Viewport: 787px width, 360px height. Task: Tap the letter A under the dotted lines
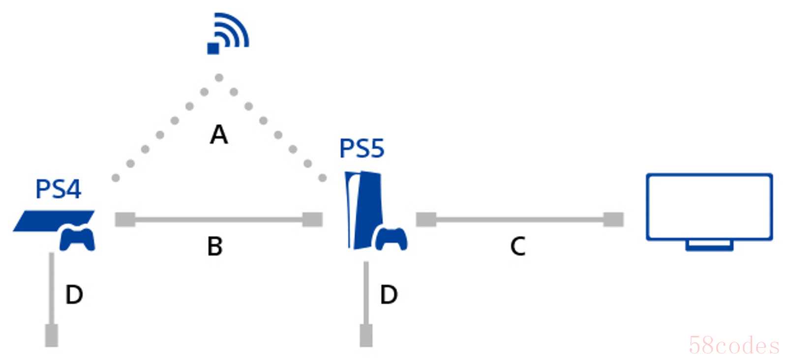point(219,135)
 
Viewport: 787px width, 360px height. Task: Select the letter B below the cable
point(215,246)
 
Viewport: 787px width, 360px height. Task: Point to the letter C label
point(518,246)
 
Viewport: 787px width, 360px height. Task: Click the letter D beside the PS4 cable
point(74,295)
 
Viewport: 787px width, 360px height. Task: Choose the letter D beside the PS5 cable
point(389,295)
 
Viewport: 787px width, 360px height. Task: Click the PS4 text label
point(58,189)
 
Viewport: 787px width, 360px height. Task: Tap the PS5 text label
point(362,149)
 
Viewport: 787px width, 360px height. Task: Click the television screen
point(709,207)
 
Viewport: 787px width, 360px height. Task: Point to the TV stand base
point(709,245)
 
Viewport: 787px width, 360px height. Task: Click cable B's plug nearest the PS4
point(125,219)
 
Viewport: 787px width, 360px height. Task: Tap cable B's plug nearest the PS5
point(312,219)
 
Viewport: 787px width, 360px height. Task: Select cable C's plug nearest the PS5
point(426,219)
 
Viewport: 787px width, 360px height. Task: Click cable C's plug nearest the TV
point(613,219)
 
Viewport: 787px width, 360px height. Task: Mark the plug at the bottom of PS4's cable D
point(52,335)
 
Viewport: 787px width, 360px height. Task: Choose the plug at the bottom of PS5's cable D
point(366,335)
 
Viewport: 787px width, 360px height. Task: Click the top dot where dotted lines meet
point(219,78)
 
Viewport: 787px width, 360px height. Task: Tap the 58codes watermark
point(734,346)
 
